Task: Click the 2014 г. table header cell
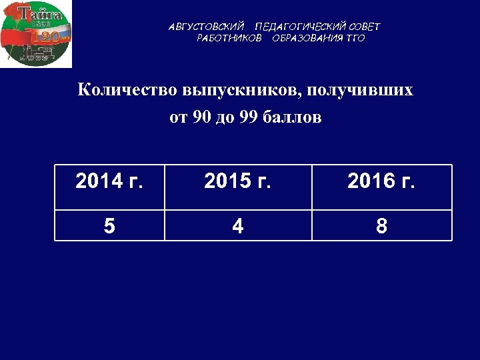[109, 181]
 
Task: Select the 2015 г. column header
[238, 181]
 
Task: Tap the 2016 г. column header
[381, 181]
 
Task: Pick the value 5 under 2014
[109, 226]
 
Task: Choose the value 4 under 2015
[238, 226]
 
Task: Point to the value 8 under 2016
[381, 226]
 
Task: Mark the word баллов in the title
[293, 118]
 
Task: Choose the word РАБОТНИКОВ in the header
[229, 38]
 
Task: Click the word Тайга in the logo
[39, 13]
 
